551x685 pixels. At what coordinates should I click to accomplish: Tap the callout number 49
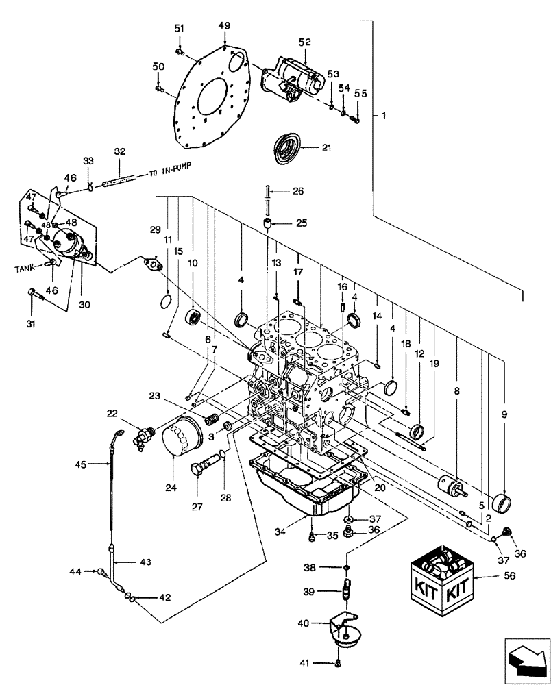click(x=225, y=25)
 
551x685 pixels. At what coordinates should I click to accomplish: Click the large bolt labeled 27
click(x=200, y=473)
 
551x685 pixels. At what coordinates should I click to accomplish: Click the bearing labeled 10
click(x=195, y=316)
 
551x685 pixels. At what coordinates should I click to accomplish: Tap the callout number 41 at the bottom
click(x=311, y=663)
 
